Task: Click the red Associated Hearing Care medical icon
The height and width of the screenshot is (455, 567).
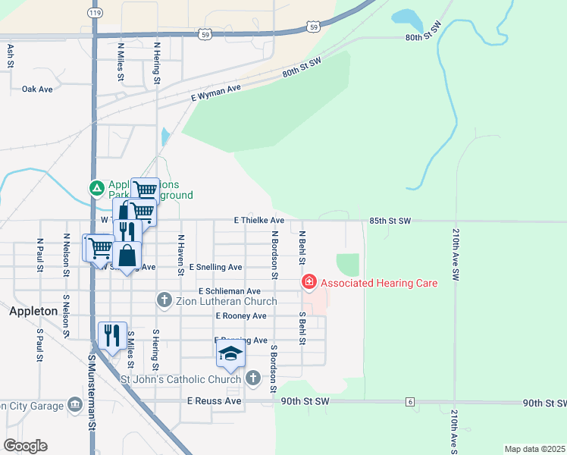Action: tap(309, 283)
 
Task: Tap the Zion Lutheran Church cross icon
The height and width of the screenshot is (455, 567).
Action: tap(164, 301)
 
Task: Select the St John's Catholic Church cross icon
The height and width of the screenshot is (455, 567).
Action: tap(253, 377)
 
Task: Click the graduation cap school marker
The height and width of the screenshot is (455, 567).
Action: tap(230, 354)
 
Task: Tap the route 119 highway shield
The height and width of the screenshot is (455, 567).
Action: tap(95, 13)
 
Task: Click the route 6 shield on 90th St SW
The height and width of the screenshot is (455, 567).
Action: tap(409, 400)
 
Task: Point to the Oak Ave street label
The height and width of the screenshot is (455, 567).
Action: tap(37, 89)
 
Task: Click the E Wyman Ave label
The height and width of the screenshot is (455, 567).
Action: tap(215, 93)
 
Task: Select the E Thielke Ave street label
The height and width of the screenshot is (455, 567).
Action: tap(258, 221)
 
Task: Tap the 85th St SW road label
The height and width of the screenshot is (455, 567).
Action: tap(390, 221)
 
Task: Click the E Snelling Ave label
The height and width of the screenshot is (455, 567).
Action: tap(215, 267)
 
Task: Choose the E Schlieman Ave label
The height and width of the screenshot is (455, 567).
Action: tap(229, 291)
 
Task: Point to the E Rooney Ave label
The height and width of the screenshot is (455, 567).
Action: tap(240, 315)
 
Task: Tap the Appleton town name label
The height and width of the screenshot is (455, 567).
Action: tap(33, 311)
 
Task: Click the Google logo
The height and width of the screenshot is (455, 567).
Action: tap(25, 445)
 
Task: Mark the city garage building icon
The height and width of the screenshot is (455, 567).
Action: tap(74, 404)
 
